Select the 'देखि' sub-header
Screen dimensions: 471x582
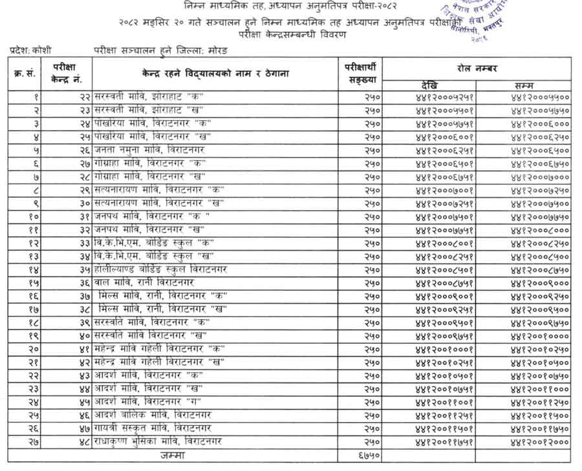click(x=428, y=85)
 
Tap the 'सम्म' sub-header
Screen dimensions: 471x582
click(x=524, y=85)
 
